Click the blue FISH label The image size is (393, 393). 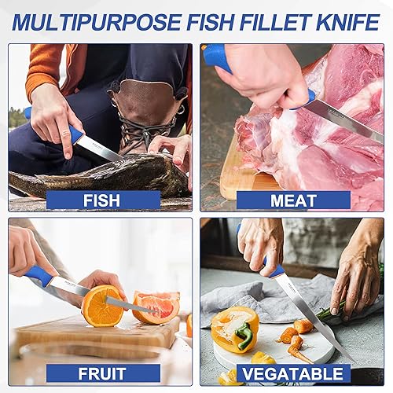[101, 200]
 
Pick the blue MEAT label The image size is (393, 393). [293, 200]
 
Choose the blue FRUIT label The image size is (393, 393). [101, 373]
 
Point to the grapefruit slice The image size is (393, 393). [157, 307]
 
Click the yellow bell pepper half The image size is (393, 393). [233, 329]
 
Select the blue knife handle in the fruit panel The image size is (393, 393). [40, 276]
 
